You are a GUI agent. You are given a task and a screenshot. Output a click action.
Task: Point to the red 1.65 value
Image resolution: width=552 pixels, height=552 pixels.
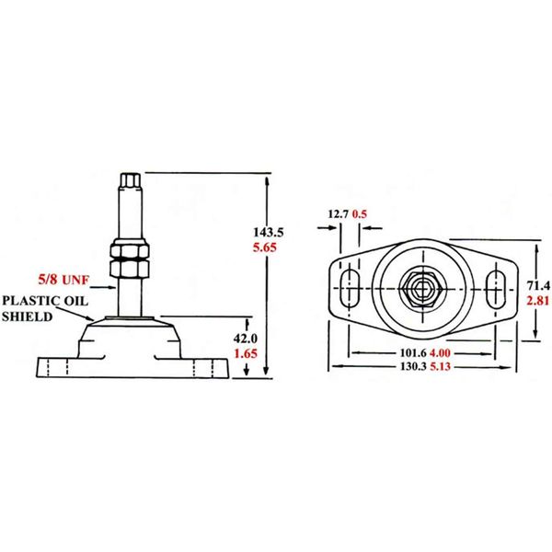point(244,352)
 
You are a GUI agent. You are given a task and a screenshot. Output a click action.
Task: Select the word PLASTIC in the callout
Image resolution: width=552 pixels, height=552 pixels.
point(29,300)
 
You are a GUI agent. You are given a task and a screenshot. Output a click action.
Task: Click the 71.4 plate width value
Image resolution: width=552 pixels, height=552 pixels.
point(537,284)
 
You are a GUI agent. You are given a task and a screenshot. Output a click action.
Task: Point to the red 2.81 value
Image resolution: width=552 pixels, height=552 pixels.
point(537,300)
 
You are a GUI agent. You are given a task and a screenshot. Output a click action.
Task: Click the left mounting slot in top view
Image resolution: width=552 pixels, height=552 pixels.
point(351,287)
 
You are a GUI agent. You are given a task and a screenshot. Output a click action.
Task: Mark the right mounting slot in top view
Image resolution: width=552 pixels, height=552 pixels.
point(498,287)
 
